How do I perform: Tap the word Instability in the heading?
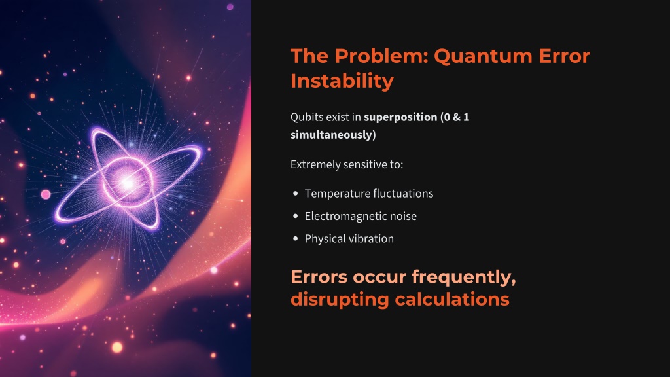point(342,81)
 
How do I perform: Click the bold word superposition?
point(400,118)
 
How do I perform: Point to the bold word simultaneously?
point(331,135)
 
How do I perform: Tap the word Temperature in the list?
point(335,194)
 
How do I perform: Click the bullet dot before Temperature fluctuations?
point(295,194)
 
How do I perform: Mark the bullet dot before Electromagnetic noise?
point(295,216)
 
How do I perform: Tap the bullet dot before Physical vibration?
point(295,239)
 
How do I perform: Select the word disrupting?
point(340,300)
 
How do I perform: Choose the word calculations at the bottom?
point(452,299)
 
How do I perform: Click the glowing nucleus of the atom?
point(128,182)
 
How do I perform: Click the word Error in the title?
point(564,57)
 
